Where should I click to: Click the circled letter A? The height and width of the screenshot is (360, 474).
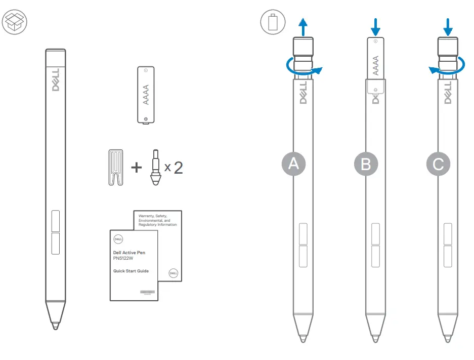pos(294,164)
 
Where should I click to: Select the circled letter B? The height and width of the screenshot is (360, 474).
pos(366,164)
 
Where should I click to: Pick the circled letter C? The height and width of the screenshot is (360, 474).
pos(439,164)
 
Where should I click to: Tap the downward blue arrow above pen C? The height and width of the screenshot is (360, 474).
pos(448,26)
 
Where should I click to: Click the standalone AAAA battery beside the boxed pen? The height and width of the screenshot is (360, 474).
pos(146,94)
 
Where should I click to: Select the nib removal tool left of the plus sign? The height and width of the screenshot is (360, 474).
pos(116,167)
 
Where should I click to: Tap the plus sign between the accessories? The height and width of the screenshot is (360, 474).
pos(136,168)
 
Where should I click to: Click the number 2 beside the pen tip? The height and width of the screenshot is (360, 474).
pos(178,168)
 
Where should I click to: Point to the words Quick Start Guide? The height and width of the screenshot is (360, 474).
pos(131,271)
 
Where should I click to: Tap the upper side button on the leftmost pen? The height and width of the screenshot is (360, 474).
pos(55,220)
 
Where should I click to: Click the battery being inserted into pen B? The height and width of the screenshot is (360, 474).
pos(375,58)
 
